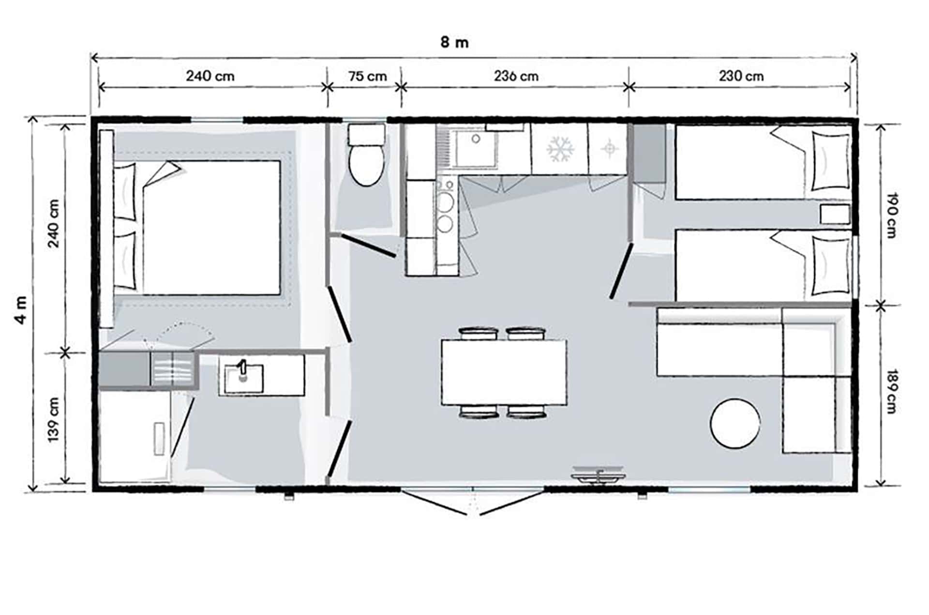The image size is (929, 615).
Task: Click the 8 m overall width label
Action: pos(454,43)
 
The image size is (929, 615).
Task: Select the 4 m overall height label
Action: pos(21,310)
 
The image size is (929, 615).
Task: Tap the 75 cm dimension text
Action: pos(368,77)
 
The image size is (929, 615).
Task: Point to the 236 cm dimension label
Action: pos(516,76)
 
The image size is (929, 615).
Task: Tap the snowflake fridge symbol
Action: pos(560,149)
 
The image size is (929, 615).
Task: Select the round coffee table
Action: pos(734,423)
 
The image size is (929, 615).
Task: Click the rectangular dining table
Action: pos(504,372)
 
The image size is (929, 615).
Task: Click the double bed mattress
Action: pos(212,228)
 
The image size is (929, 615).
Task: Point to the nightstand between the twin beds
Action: pos(835,214)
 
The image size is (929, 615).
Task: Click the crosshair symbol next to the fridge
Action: pos(609,148)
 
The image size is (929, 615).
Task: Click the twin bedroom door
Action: pos(621,271)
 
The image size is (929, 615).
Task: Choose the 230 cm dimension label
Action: pos(741,76)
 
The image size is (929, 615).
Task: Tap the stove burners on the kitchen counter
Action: pos(445,211)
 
